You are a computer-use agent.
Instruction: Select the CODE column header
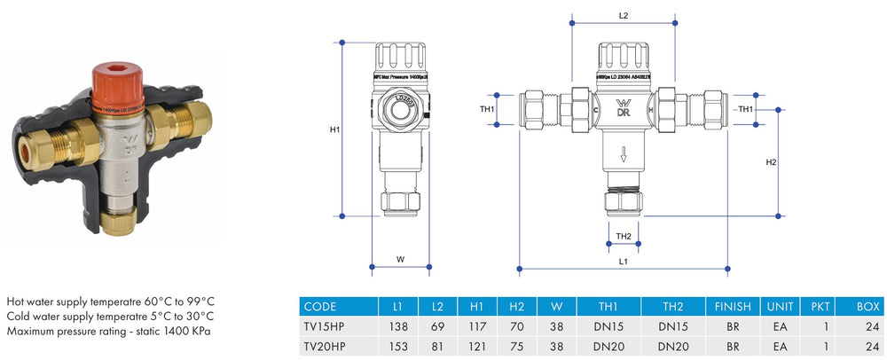click(320, 307)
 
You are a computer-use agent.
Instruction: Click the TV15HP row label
click(326, 326)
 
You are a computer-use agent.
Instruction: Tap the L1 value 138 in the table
click(396, 326)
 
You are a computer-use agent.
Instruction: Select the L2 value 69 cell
click(437, 326)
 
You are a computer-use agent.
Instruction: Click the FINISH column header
click(733, 307)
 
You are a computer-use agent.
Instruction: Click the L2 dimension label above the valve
click(623, 16)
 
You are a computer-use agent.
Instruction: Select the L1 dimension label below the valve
click(623, 263)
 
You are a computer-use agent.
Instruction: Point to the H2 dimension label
click(771, 162)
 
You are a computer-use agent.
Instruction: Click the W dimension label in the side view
click(400, 260)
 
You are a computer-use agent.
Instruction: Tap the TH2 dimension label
click(624, 237)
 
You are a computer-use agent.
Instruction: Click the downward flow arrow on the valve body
click(624, 156)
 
